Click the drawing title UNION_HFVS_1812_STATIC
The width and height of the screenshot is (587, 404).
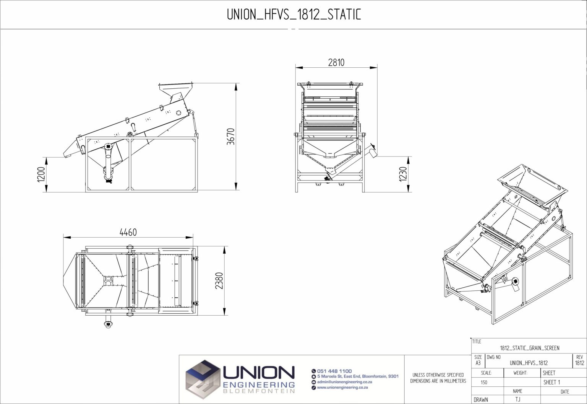point(293,15)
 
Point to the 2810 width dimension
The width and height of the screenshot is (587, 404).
point(336,62)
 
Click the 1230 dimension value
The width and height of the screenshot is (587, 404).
point(403,174)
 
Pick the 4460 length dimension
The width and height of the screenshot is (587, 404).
point(128,232)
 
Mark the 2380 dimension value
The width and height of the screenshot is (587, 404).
point(219,280)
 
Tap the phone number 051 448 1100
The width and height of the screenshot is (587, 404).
point(334,371)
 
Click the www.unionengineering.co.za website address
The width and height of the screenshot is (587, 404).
point(342,388)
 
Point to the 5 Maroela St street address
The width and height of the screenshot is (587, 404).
point(357,376)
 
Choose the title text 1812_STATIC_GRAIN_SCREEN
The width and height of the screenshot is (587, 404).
point(529,348)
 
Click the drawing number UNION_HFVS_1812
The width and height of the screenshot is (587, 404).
point(529,363)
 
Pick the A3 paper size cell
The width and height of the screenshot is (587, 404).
point(478,363)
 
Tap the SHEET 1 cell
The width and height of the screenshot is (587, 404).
point(551,382)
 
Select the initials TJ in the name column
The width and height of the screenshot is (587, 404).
point(517,399)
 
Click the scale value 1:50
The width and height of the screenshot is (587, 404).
point(484,382)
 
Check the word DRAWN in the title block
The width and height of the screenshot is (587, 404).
point(481,400)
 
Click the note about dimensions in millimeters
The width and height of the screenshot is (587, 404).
point(438,378)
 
